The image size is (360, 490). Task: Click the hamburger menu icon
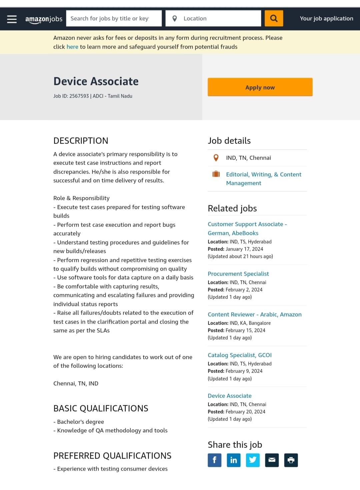click(12, 19)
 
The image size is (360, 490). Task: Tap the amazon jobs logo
click(44, 19)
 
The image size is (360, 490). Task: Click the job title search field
click(113, 19)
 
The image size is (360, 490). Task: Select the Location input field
click(220, 19)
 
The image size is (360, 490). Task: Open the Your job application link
click(326, 19)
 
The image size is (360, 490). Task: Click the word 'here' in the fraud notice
click(72, 47)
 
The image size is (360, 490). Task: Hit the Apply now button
click(260, 87)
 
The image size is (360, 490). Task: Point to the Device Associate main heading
click(96, 81)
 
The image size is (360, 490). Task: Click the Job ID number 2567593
click(79, 96)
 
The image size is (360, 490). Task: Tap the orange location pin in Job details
click(216, 158)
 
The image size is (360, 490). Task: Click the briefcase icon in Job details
click(216, 174)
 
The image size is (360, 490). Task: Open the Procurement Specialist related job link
click(238, 274)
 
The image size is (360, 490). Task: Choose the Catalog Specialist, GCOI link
click(239, 355)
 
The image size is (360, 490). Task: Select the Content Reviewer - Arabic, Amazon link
click(254, 314)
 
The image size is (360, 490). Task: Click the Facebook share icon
click(215, 460)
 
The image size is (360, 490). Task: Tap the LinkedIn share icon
click(234, 460)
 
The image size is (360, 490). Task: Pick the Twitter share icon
click(253, 460)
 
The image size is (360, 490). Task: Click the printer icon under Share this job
click(291, 460)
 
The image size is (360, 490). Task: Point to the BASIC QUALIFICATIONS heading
click(101, 408)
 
